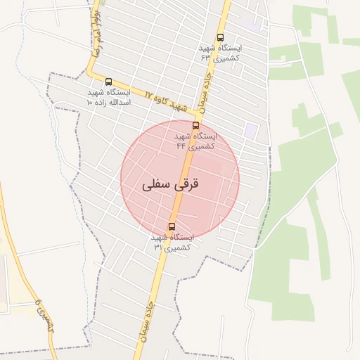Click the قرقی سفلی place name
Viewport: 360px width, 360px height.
[x=171, y=185]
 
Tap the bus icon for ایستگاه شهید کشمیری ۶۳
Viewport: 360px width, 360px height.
[x=221, y=38]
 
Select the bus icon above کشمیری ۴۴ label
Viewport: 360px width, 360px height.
[x=195, y=125]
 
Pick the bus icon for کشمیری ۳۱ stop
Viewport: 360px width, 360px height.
[x=172, y=226]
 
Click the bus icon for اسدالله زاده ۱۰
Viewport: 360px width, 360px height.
[x=108, y=82]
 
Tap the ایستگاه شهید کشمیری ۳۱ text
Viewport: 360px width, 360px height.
[x=172, y=242]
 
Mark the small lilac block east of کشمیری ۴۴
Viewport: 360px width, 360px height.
[x=250, y=130]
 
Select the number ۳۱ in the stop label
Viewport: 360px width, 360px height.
[x=158, y=247]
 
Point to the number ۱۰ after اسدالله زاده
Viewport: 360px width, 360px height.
[x=89, y=103]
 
